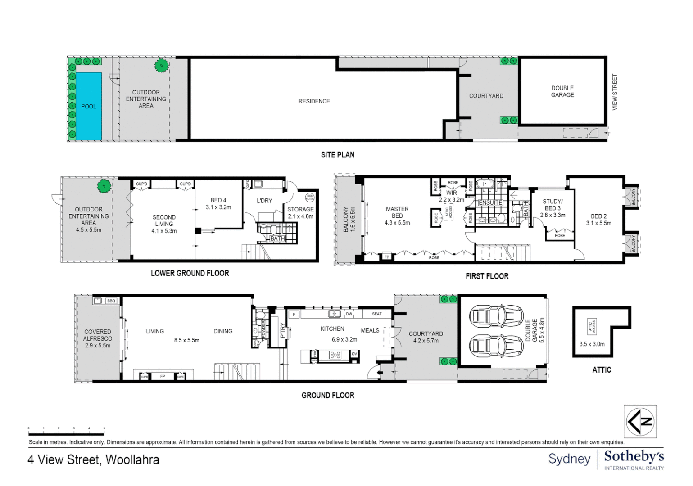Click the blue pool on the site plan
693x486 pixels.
(x=89, y=106)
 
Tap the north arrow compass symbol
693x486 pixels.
(x=640, y=422)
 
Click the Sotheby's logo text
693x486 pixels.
(x=634, y=457)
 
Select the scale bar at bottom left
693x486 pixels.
(x=66, y=434)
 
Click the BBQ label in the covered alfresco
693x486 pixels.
(x=111, y=301)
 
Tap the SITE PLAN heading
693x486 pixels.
(x=337, y=155)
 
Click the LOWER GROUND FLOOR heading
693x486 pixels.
(x=190, y=273)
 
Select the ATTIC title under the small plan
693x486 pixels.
(x=602, y=370)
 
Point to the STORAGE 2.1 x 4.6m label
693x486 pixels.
(x=300, y=213)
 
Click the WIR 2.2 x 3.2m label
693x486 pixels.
(x=452, y=196)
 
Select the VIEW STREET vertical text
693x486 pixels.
(x=615, y=92)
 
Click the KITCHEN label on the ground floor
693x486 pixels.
(x=332, y=329)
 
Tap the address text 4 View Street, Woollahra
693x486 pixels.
(x=94, y=459)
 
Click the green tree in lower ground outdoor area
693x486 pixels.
(x=104, y=185)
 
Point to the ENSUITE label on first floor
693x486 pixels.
(x=490, y=203)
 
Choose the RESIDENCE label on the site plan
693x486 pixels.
(x=314, y=101)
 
